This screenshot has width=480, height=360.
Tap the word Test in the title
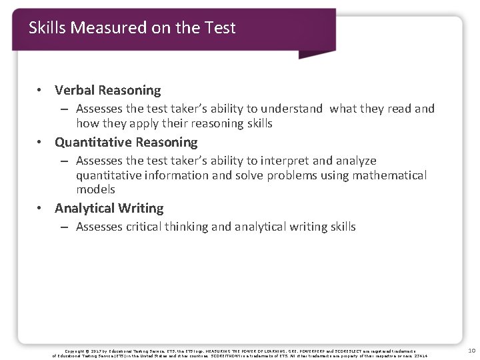(x=221, y=28)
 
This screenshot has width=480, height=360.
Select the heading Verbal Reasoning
(x=108, y=90)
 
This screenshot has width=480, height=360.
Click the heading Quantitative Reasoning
(x=126, y=142)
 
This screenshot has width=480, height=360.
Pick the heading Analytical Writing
(x=109, y=208)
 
